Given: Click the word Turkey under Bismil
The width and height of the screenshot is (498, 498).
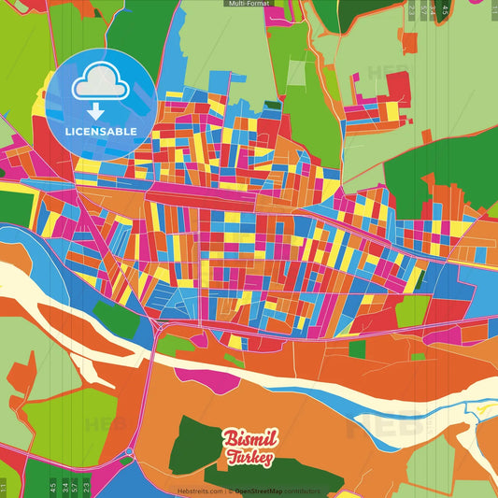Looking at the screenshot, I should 249,458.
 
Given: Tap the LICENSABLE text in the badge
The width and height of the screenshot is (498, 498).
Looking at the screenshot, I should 101,132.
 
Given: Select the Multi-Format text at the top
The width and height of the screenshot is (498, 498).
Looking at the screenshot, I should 249,4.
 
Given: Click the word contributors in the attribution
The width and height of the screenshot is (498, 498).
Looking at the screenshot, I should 303,491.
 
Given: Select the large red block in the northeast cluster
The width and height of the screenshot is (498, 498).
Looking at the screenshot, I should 398,89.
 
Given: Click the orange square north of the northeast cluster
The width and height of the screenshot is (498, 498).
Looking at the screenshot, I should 408,41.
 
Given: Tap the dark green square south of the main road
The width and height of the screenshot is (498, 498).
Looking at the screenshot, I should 357,349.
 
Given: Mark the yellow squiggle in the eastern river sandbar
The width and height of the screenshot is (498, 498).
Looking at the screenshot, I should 482,409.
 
